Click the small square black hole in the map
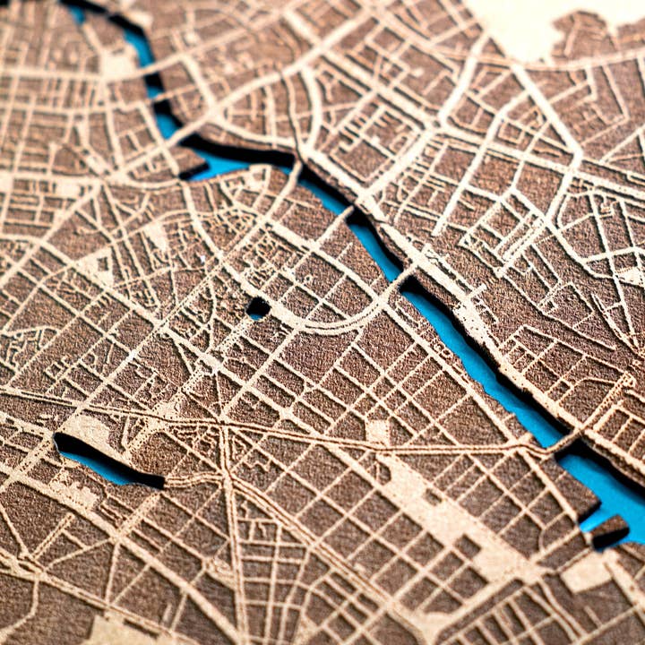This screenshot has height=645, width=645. [258, 308]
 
